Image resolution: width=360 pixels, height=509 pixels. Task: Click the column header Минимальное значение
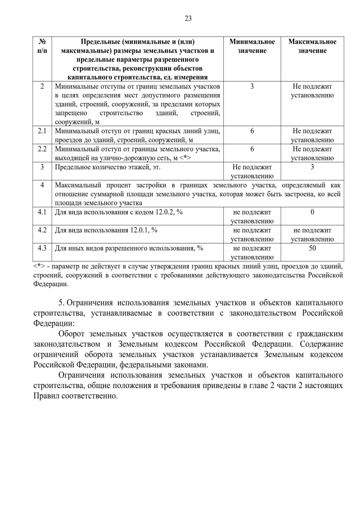click(253, 46)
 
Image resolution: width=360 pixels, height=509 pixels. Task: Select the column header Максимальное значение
click(312, 46)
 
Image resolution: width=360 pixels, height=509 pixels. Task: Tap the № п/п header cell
click(42, 46)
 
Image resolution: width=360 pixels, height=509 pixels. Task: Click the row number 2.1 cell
click(42, 130)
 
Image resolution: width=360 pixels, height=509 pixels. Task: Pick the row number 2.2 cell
click(42, 149)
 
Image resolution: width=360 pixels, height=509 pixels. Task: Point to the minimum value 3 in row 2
click(253, 87)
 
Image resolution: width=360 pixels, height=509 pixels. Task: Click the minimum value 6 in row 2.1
click(253, 130)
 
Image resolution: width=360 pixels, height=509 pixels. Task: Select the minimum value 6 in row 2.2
click(253, 149)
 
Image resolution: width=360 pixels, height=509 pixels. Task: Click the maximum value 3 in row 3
click(312, 167)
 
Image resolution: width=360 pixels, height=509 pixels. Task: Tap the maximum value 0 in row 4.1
click(312, 212)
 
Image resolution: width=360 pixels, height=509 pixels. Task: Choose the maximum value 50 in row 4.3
click(312, 247)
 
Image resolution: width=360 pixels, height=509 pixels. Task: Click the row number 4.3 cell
click(42, 248)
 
